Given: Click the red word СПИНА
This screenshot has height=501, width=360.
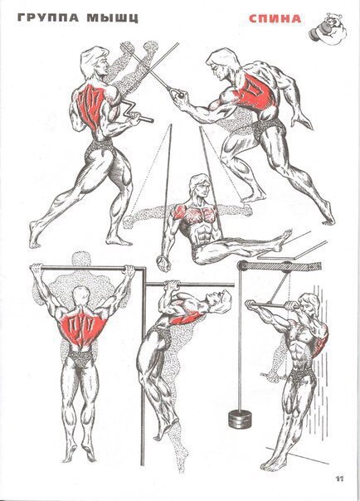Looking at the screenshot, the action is click(275, 19).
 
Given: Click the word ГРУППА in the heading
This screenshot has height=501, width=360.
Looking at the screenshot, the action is click(48, 17).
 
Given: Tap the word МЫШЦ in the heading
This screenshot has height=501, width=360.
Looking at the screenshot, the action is click(113, 18).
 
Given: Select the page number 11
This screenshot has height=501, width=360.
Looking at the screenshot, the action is click(339, 479).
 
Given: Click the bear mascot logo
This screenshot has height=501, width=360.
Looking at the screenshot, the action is click(328, 28).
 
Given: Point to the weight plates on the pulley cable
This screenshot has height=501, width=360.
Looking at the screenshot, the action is click(240, 418).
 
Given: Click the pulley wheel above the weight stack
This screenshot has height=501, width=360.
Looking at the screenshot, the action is click(245, 265).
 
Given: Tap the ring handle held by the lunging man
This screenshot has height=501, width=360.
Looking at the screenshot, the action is click(178, 93).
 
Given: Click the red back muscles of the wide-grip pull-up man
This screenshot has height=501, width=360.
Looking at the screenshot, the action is click(83, 328).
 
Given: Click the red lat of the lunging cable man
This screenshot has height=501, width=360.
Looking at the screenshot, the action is click(255, 91).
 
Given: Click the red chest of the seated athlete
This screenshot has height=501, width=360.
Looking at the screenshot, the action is click(195, 213).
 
